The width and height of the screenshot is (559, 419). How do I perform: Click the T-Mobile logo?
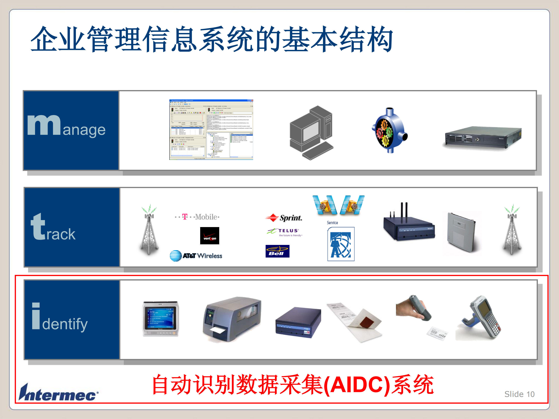pyautogui.click(x=197, y=217)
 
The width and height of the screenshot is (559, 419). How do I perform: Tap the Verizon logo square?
pyautogui.click(x=210, y=236)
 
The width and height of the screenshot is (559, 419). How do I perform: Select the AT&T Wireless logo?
pyautogui.click(x=196, y=256)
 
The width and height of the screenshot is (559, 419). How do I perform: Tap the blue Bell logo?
pyautogui.click(x=277, y=251)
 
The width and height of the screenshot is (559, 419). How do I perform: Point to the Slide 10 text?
pyautogui.click(x=519, y=394)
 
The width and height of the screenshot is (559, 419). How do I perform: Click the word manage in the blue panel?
pyautogui.click(x=66, y=126)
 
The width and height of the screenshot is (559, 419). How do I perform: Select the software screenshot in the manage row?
pyautogui.click(x=211, y=129)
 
